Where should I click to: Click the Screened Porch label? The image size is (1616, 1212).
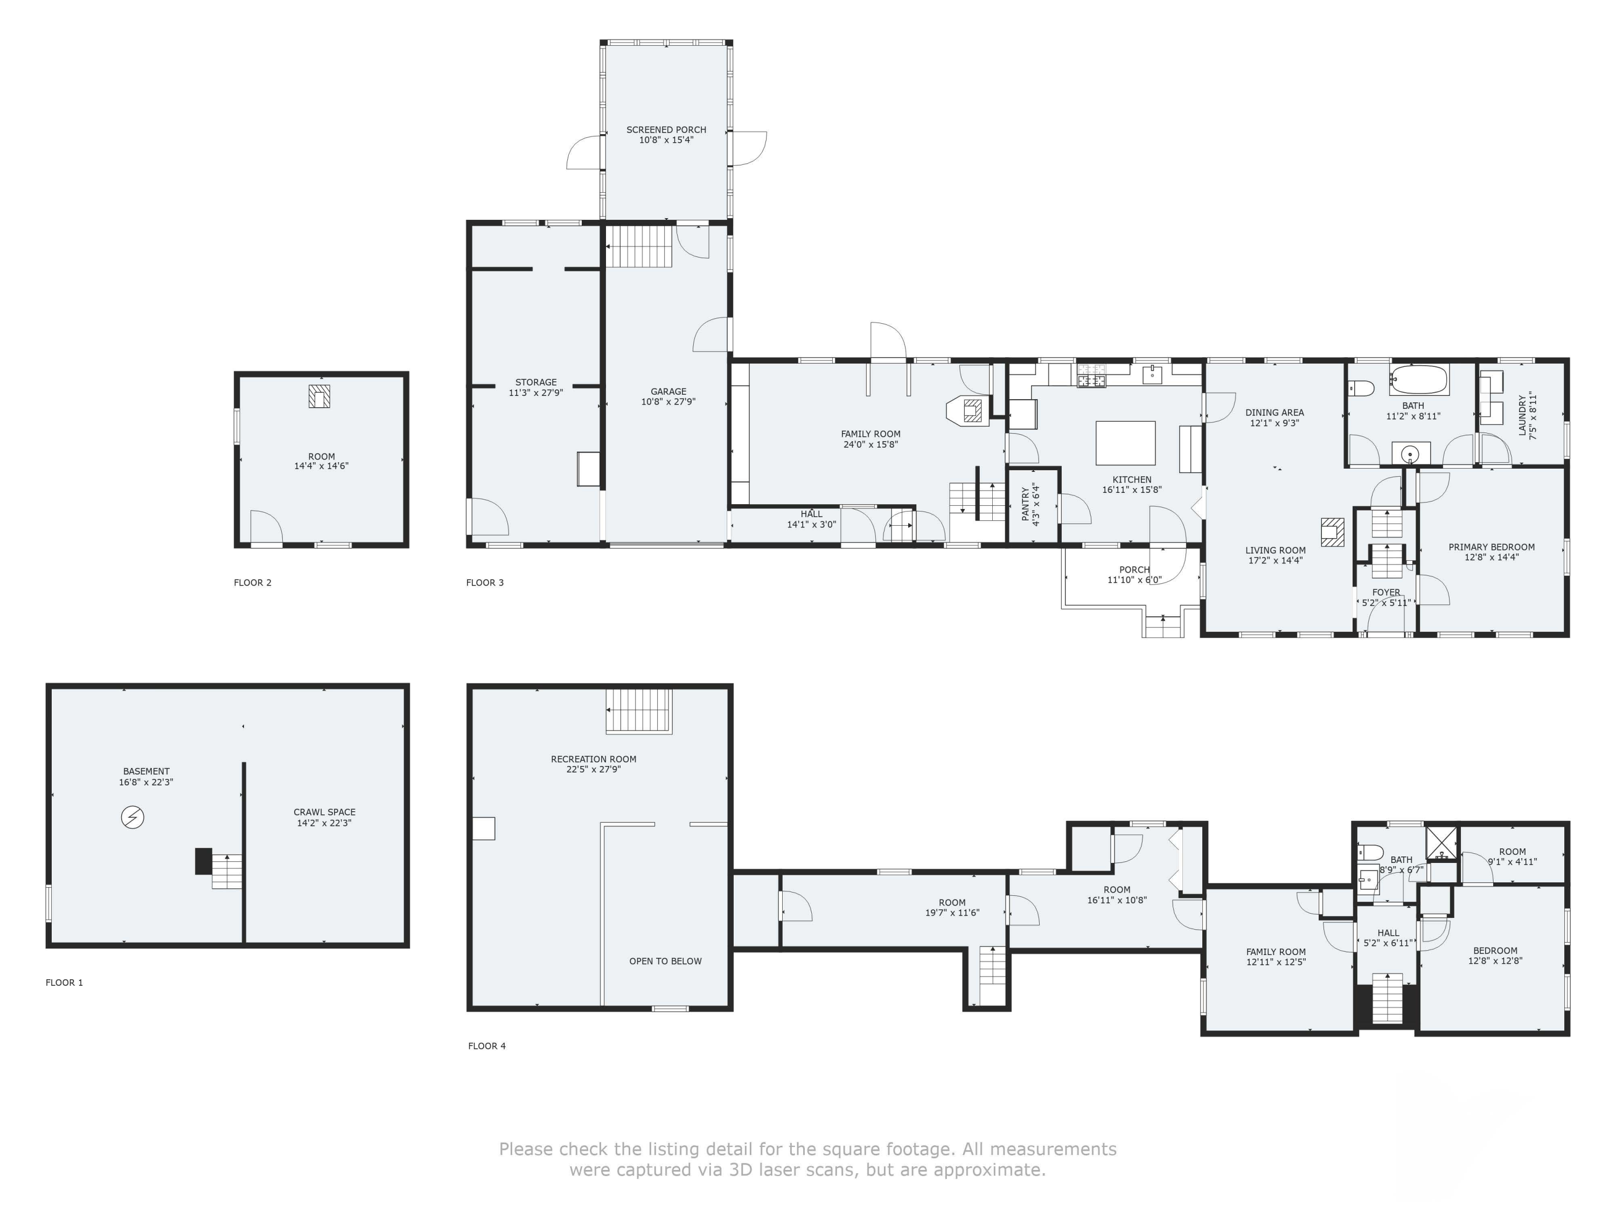(666, 135)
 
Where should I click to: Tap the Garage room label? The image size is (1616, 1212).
(668, 396)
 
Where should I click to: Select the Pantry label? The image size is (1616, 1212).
(1030, 504)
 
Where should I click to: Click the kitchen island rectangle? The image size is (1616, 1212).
(1125, 443)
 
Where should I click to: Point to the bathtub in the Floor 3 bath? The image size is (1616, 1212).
(1419, 380)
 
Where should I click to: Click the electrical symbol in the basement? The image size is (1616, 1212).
(132, 817)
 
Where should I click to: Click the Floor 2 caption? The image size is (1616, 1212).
(253, 582)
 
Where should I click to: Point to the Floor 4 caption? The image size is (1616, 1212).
(486, 1046)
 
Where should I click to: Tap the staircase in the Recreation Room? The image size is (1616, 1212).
(638, 710)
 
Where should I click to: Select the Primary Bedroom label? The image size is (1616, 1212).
(1491, 552)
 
